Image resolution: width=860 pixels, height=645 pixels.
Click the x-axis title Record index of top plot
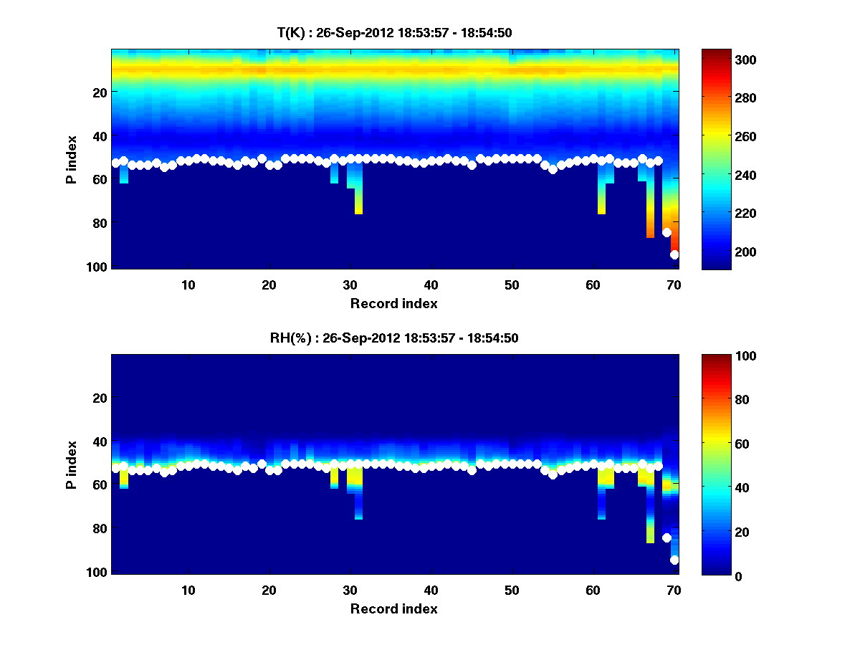pyautogui.click(x=394, y=303)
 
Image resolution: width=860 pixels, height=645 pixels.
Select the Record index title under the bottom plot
pyautogui.click(x=394, y=608)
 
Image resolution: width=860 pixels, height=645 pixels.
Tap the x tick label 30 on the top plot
pyautogui.click(x=350, y=285)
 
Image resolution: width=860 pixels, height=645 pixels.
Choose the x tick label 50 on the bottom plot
pyautogui.click(x=512, y=590)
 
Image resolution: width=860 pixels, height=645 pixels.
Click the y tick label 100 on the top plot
pyautogui.click(x=98, y=267)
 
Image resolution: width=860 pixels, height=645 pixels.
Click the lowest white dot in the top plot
pyautogui.click(x=674, y=254)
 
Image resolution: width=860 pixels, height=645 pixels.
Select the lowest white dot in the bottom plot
pyautogui.click(x=674, y=560)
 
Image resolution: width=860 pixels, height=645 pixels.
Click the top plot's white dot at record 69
pyautogui.click(x=666, y=232)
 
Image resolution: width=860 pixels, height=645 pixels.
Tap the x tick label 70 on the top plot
pyautogui.click(x=674, y=285)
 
